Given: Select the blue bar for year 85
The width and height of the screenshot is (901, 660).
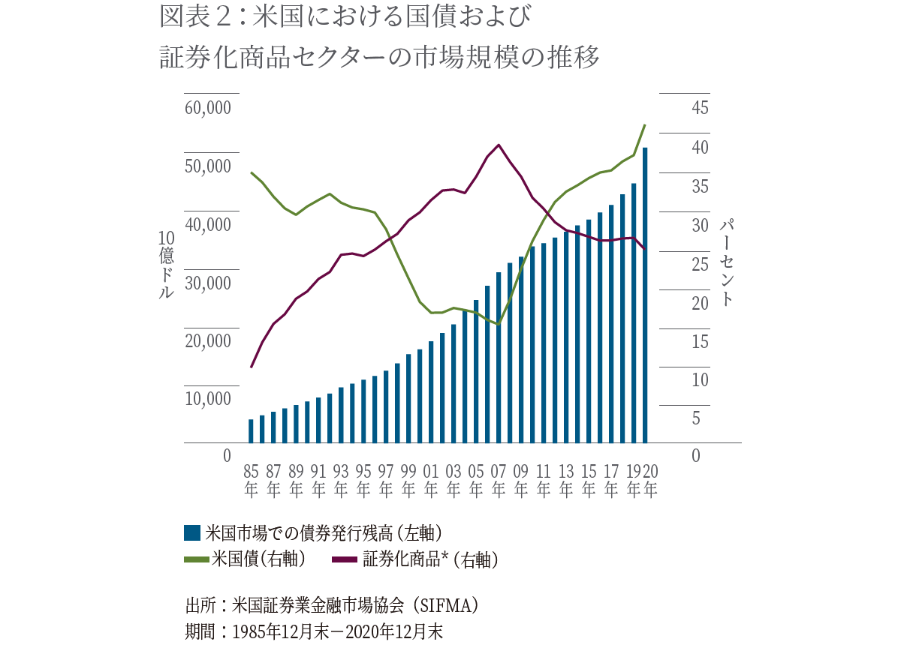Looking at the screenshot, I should (x=251, y=431).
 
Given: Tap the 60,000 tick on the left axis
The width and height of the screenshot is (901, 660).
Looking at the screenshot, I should (x=207, y=107).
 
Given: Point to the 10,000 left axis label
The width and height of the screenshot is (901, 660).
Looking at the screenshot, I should (x=207, y=398).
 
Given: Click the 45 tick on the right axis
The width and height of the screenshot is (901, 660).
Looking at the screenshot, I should (x=700, y=107).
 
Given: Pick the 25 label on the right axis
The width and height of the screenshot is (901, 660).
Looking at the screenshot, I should (x=700, y=264).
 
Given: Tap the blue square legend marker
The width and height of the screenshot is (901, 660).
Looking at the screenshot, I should (x=192, y=532).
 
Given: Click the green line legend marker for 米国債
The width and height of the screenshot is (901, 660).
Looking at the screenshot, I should (x=197, y=558).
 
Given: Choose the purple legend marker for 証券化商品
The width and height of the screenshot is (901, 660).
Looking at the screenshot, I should (x=345, y=558).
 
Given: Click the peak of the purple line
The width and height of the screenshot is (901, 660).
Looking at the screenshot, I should (x=499, y=145).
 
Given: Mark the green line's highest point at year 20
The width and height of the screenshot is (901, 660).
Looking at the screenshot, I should (x=645, y=125).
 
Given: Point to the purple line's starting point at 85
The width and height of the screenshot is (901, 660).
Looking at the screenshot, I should (x=252, y=367).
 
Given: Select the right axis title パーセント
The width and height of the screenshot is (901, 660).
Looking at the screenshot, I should (x=726, y=262).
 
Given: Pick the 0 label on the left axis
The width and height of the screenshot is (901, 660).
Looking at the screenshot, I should (x=226, y=455).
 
